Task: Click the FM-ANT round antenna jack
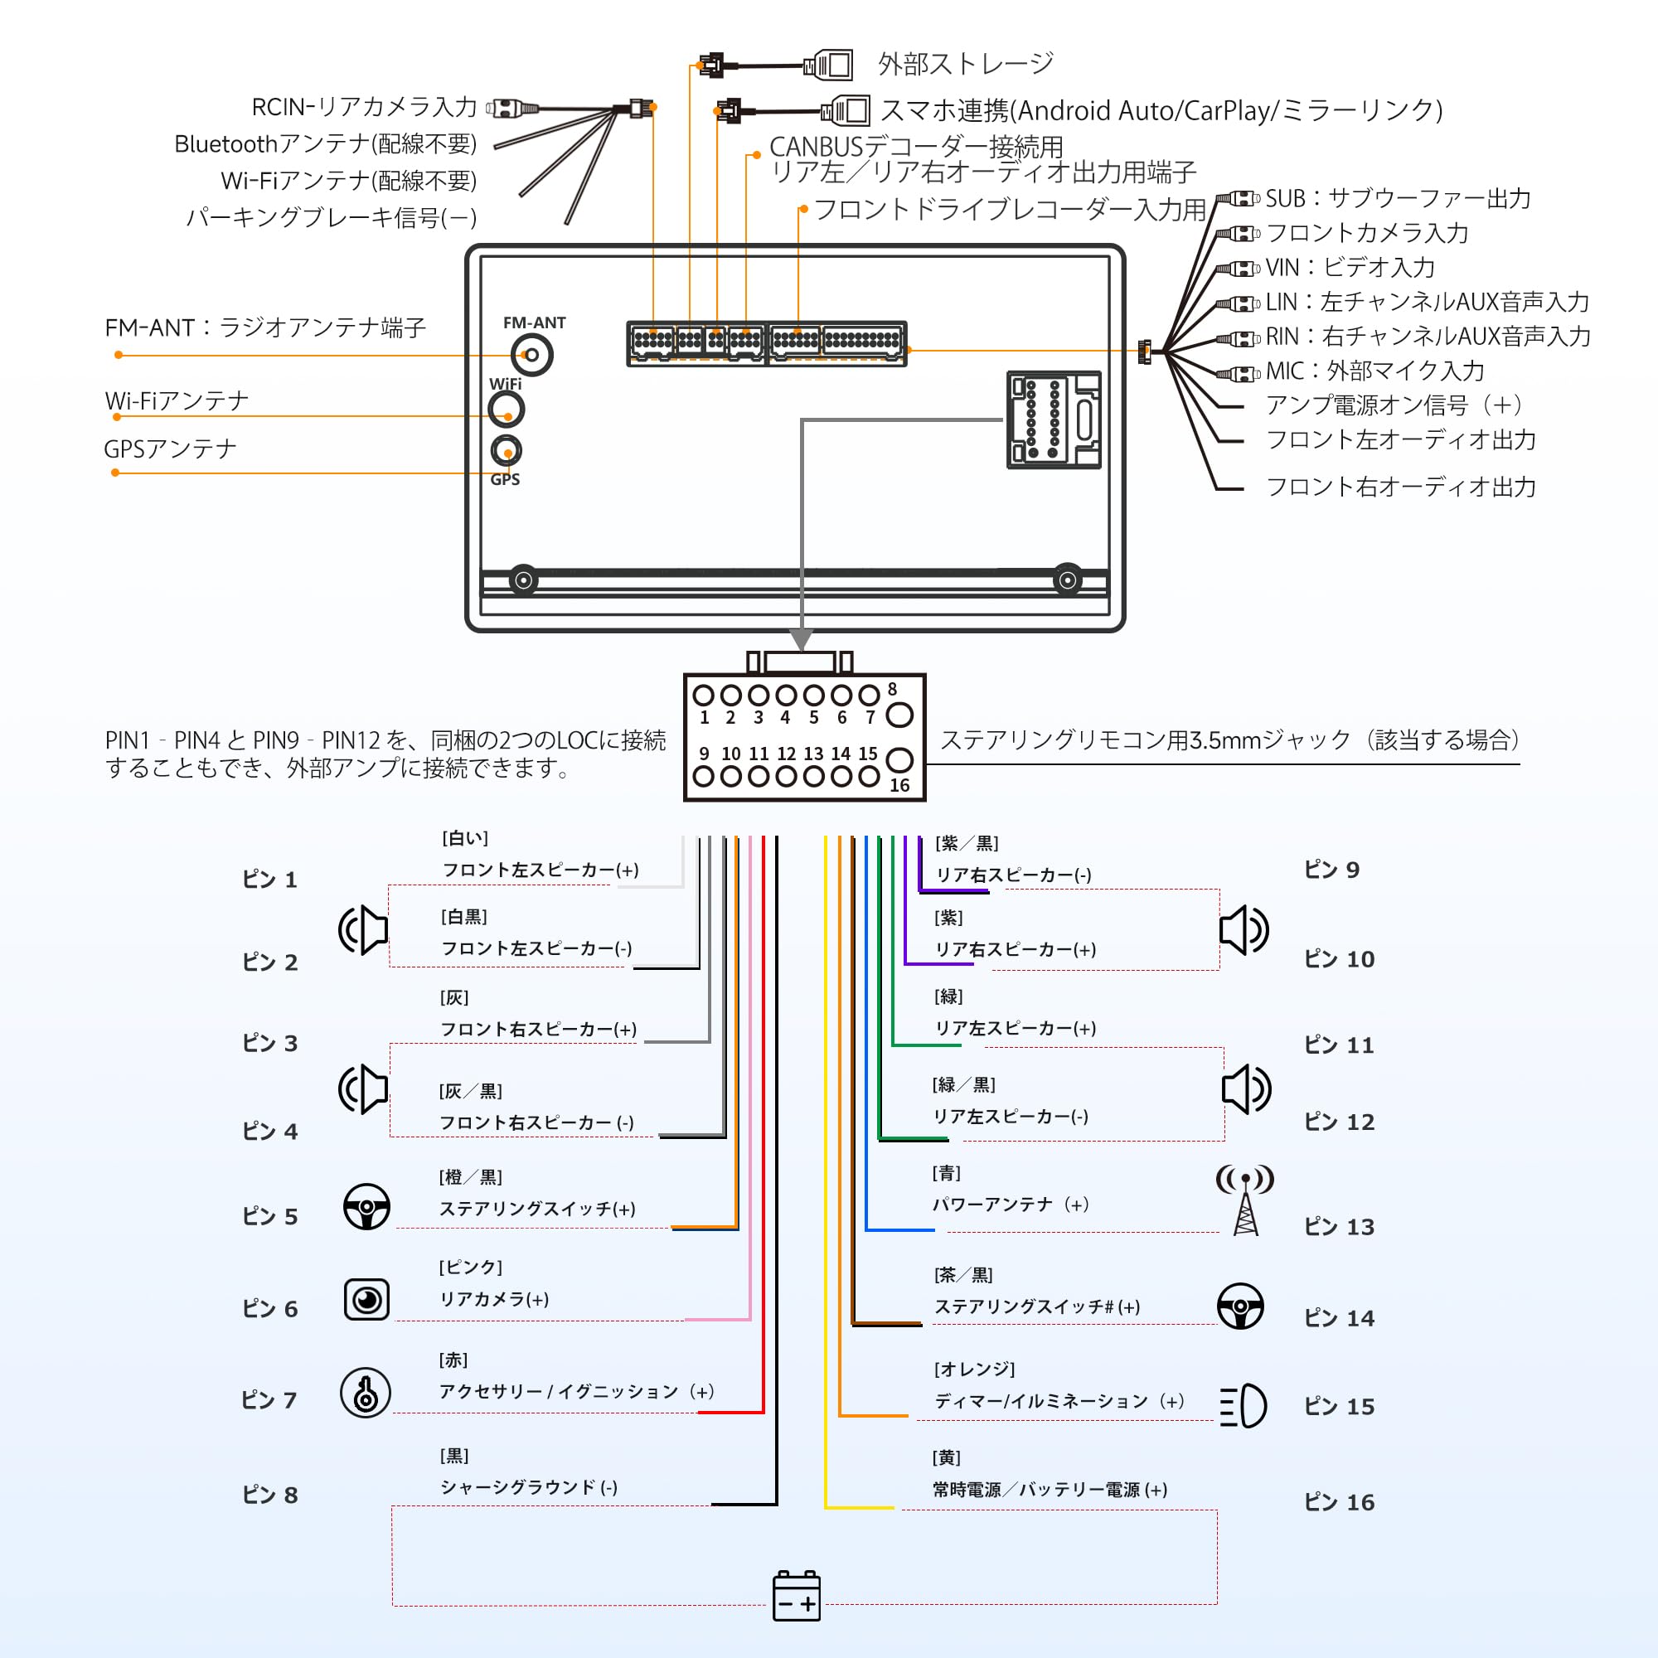(532, 355)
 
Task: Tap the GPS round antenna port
(507, 450)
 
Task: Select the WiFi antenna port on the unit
(507, 410)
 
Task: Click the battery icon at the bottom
(797, 1596)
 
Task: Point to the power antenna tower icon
(1245, 1200)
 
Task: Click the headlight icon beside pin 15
(1243, 1405)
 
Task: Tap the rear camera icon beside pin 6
(366, 1299)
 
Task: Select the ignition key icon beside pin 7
(366, 1392)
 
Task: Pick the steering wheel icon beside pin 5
(366, 1206)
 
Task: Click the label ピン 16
(1339, 1502)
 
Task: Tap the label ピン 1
(269, 879)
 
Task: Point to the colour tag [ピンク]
(470, 1267)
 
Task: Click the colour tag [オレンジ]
(974, 1368)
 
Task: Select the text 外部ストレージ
(966, 64)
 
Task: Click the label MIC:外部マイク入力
(1374, 371)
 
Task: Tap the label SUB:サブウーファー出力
(1397, 198)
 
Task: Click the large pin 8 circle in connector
(899, 714)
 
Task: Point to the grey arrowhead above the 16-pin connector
(802, 639)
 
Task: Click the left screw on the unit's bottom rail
(523, 580)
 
